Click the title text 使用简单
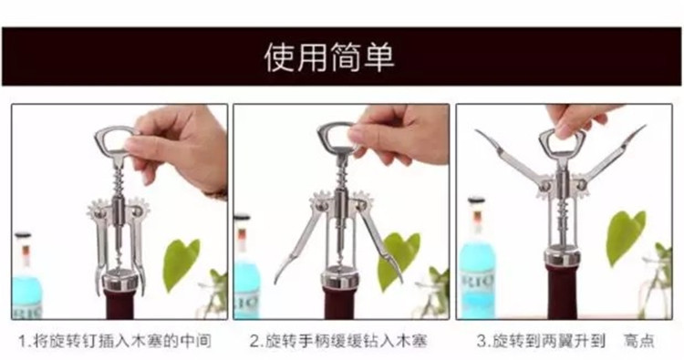(329, 57)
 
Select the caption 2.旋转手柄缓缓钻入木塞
(338, 342)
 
